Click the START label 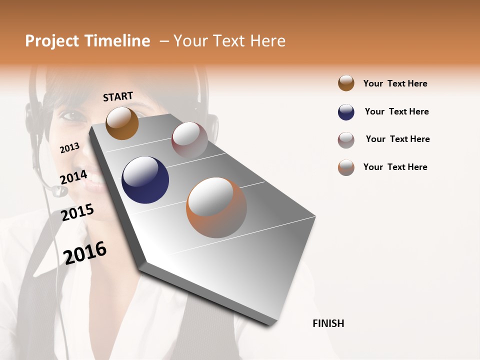coord(118,96)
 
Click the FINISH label coord(328,323)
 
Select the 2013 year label coord(70,148)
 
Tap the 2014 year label coord(73,176)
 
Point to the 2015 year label coord(77,212)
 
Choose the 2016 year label coord(85,253)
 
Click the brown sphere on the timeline coord(122,123)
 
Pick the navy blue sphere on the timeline coord(145,180)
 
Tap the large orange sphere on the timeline coord(216,207)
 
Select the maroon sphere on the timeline coord(189,139)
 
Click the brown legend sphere coord(346,83)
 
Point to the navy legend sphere coord(346,112)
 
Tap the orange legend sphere coord(346,167)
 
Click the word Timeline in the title coord(117,41)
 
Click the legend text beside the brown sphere coord(395,83)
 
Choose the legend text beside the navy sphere coord(396,111)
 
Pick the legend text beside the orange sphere coord(395,167)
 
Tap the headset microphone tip coord(59,191)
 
